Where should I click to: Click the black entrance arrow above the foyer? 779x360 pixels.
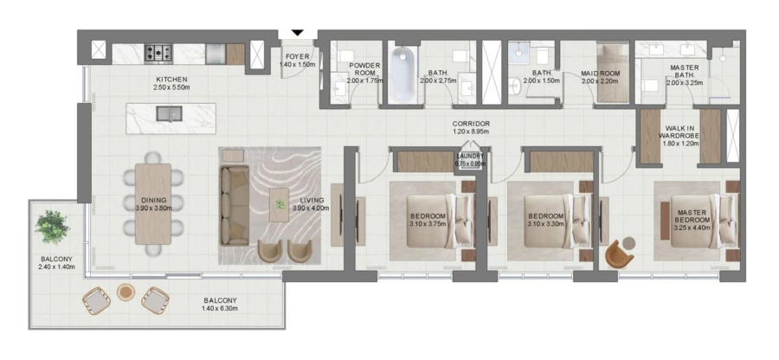tap(298, 33)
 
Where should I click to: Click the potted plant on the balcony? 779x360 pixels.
tap(52, 228)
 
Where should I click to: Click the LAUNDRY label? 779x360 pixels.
tap(471, 156)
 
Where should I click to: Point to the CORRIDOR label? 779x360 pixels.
tap(472, 124)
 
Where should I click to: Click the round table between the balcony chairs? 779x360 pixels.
tap(126, 292)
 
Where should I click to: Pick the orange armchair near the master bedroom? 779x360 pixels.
tap(619, 254)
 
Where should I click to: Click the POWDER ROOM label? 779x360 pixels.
tap(364, 69)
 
